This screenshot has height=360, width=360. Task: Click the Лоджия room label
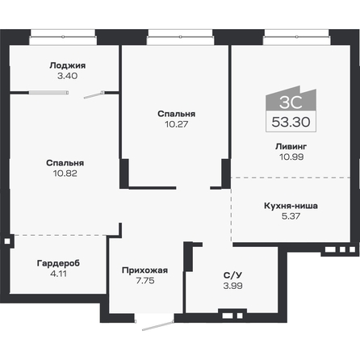click(x=66, y=65)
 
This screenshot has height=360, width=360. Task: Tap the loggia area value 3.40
click(x=66, y=76)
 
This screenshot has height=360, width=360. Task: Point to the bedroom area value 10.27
click(x=177, y=125)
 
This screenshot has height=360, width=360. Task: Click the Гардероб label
click(x=59, y=263)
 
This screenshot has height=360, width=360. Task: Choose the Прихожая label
click(x=144, y=270)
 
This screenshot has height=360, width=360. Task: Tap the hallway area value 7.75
click(x=144, y=280)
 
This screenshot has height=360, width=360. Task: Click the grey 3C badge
click(x=287, y=102)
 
